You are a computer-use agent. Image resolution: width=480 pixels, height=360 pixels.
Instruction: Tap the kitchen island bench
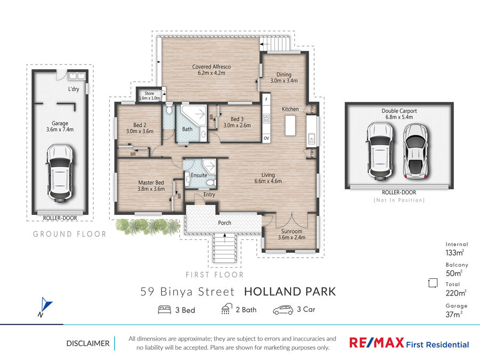(290, 125)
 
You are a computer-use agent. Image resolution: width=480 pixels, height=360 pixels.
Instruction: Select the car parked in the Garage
(60, 173)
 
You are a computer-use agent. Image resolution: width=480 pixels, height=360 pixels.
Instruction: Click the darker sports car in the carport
(415, 152)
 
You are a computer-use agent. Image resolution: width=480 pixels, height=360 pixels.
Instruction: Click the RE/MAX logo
(377, 342)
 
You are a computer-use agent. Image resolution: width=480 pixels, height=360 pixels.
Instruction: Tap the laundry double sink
(77, 76)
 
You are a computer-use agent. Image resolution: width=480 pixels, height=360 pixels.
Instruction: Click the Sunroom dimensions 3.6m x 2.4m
(292, 237)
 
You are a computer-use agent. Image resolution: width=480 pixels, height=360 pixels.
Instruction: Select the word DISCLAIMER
(88, 343)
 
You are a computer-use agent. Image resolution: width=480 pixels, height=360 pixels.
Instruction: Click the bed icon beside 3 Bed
(164, 310)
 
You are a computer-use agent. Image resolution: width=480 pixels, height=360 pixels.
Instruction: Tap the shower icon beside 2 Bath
(226, 309)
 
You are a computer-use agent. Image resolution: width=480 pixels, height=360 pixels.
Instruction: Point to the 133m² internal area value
(454, 253)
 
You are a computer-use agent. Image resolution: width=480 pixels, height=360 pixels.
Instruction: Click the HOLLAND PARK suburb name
(290, 291)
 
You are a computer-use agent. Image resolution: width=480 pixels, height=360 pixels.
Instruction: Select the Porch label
(225, 223)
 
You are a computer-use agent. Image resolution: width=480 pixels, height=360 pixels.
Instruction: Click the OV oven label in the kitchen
(266, 138)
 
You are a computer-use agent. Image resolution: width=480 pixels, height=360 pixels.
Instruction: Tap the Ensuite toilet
(211, 183)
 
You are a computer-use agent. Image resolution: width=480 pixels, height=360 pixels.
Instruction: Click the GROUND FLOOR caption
(69, 234)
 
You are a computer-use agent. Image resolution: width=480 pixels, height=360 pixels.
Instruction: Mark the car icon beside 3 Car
(283, 310)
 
